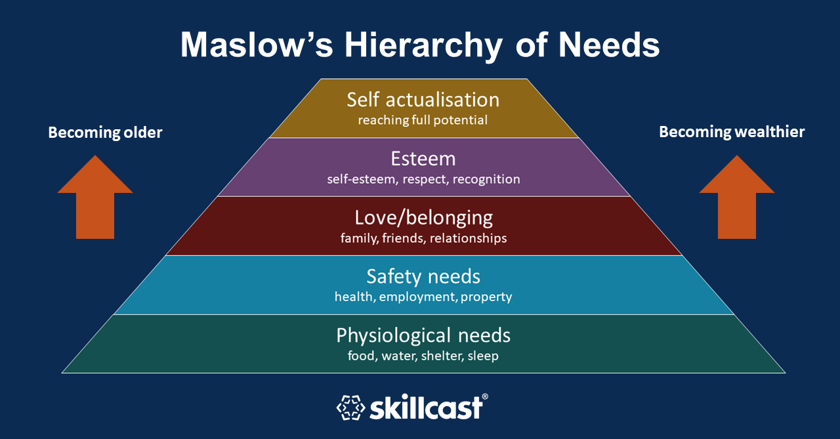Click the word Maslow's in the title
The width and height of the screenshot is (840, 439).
point(257,45)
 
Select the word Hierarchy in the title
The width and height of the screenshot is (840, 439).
point(423,47)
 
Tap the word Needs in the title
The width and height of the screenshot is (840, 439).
point(609,45)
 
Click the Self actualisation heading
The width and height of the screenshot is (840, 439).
point(423,100)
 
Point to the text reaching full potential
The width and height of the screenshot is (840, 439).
point(423,120)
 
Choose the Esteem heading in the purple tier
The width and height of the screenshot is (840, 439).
point(423,159)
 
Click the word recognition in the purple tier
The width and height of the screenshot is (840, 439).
point(486,180)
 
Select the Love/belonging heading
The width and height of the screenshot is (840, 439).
point(423,219)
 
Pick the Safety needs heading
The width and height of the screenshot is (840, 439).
point(423,277)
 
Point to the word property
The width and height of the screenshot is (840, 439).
point(486,297)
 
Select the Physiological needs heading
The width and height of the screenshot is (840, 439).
point(423,335)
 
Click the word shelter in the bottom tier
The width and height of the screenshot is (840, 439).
point(442,356)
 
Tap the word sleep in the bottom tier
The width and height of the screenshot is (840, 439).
point(483,356)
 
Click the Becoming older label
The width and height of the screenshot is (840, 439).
point(105,133)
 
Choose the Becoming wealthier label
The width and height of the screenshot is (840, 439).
point(732,133)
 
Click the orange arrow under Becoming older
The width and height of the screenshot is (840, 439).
point(95,198)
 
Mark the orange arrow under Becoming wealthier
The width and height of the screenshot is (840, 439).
point(737,198)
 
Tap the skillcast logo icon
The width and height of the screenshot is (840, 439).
point(350,408)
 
